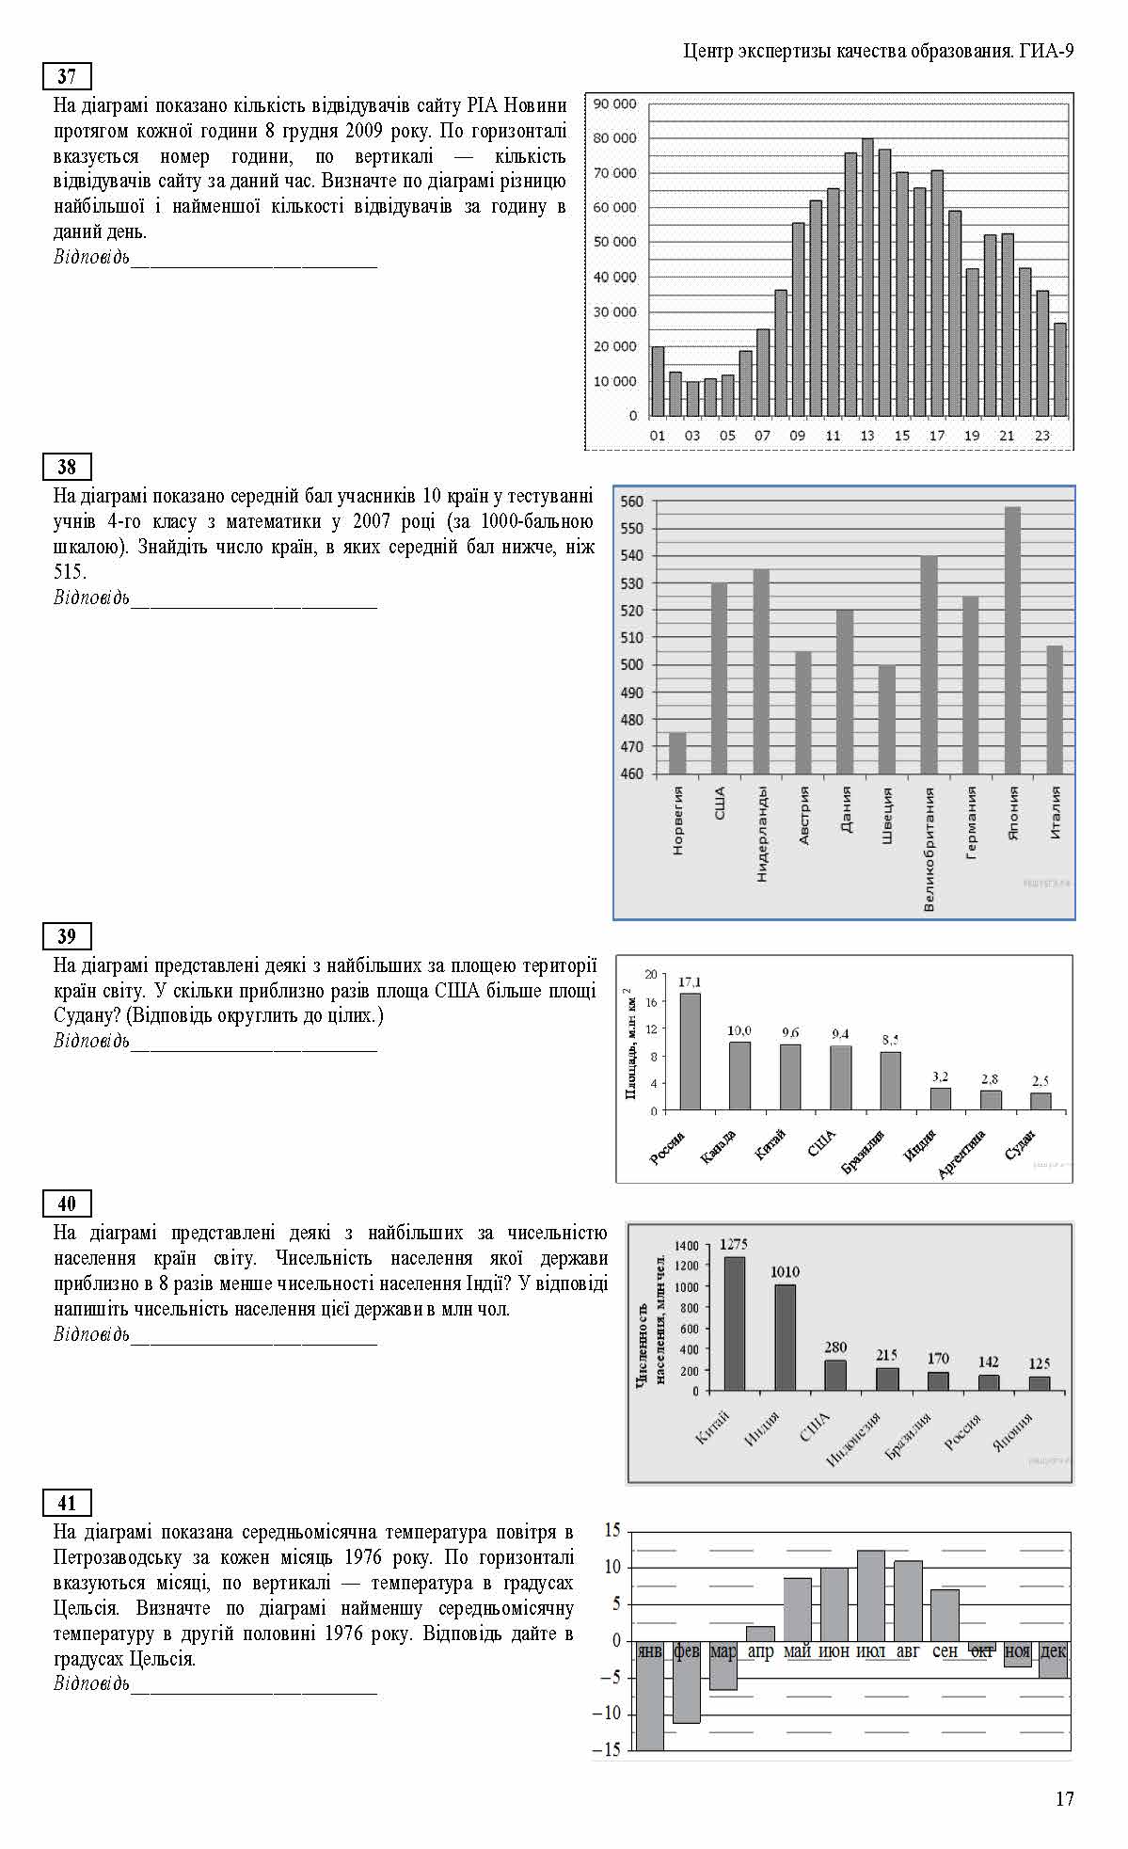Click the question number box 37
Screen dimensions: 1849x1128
point(67,76)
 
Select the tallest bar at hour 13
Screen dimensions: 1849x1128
point(867,278)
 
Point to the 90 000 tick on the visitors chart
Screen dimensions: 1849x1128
point(615,104)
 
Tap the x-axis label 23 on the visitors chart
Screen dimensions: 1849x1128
point(1042,436)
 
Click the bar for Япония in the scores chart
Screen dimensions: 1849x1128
point(1012,640)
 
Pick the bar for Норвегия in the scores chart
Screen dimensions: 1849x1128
point(677,753)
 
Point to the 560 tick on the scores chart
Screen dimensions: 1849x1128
point(632,502)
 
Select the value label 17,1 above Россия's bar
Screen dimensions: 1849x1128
point(690,981)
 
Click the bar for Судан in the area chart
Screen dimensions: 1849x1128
point(1041,1101)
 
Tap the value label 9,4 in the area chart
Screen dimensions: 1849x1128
point(840,1034)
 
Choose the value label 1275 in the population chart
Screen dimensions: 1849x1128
point(734,1244)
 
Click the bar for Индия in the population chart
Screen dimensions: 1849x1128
point(785,1337)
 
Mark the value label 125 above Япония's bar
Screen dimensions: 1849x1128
point(1040,1363)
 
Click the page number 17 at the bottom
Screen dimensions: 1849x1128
point(1064,1798)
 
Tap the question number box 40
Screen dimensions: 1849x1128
point(67,1203)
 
